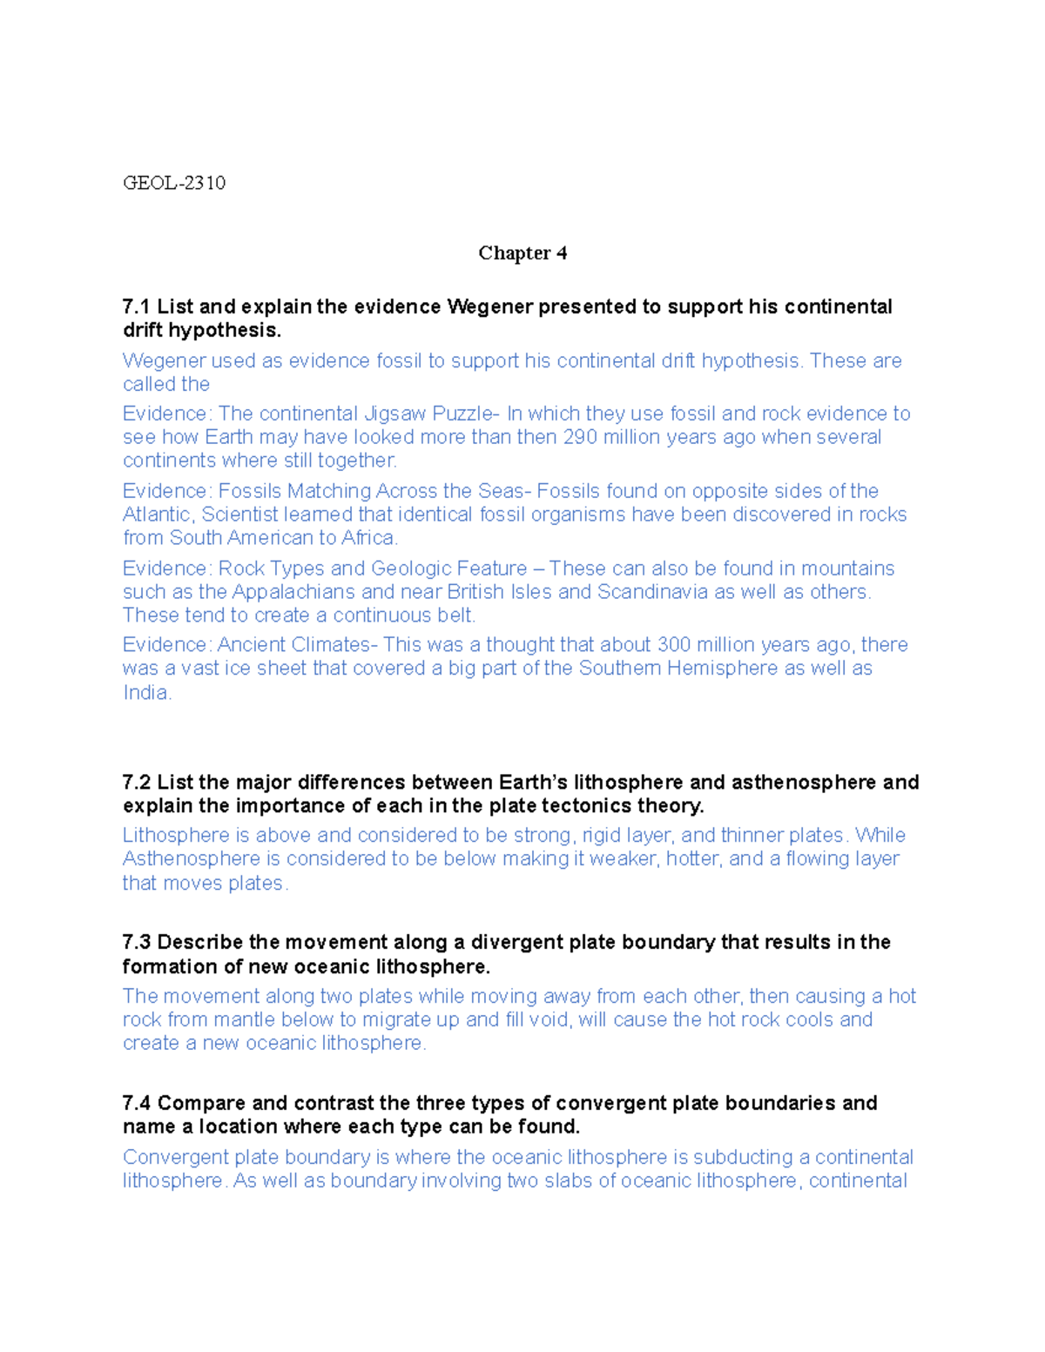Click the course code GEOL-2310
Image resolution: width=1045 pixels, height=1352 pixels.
[174, 183]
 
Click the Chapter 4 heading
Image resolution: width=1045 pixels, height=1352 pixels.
[522, 253]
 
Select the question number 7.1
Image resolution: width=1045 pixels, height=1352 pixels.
[137, 307]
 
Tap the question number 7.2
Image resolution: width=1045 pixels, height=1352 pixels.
[137, 783]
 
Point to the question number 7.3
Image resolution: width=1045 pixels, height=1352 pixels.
[137, 943]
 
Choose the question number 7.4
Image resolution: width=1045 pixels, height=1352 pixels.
[137, 1104]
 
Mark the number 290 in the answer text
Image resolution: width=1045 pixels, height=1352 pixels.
[581, 437]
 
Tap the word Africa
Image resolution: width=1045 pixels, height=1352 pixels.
[369, 538]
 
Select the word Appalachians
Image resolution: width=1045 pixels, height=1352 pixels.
[293, 592]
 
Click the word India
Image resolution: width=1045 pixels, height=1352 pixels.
[146, 693]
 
